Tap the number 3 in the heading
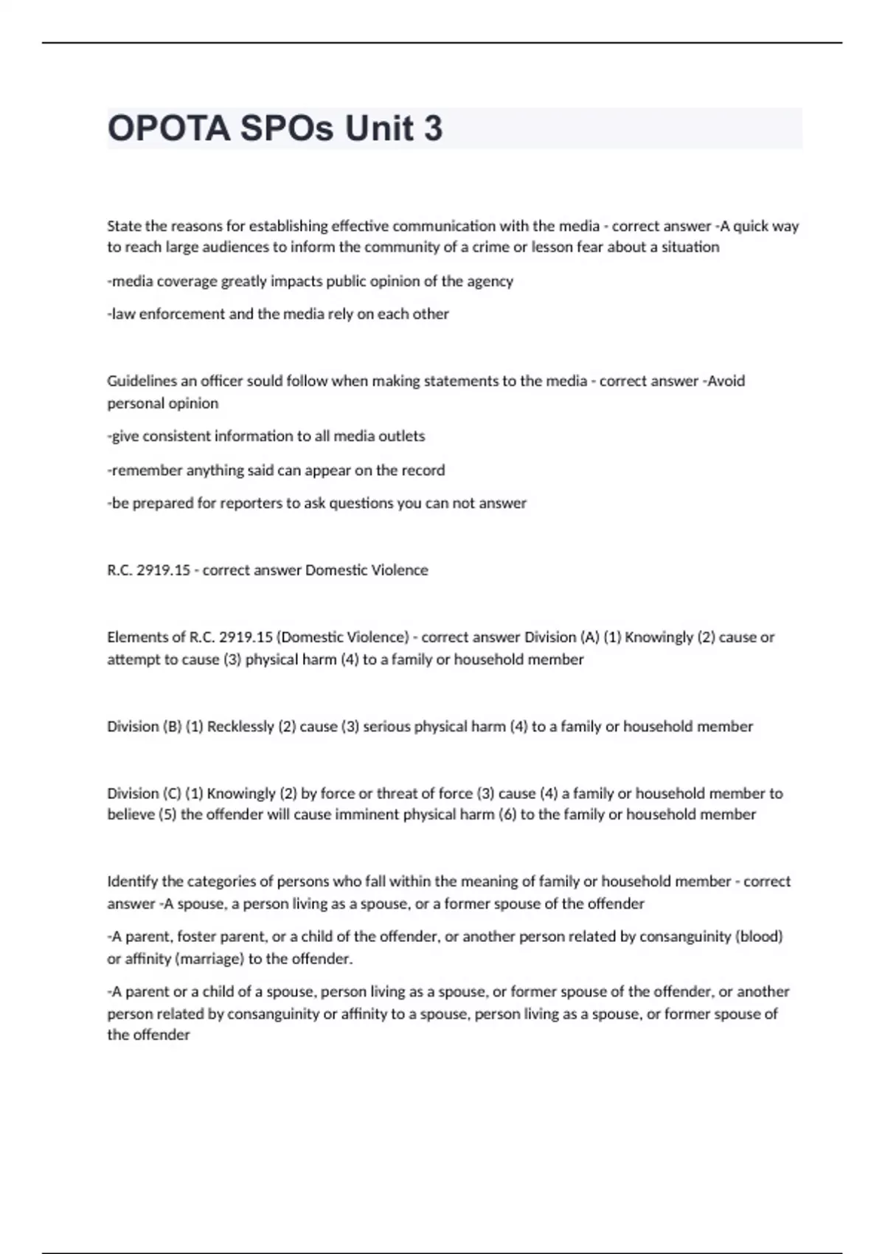pyautogui.click(x=433, y=128)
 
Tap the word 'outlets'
pyautogui.click(x=401, y=436)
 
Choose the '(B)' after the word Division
pyautogui.click(x=172, y=727)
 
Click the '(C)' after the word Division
pyautogui.click(x=172, y=794)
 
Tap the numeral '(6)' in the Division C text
pyautogui.click(x=508, y=814)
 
